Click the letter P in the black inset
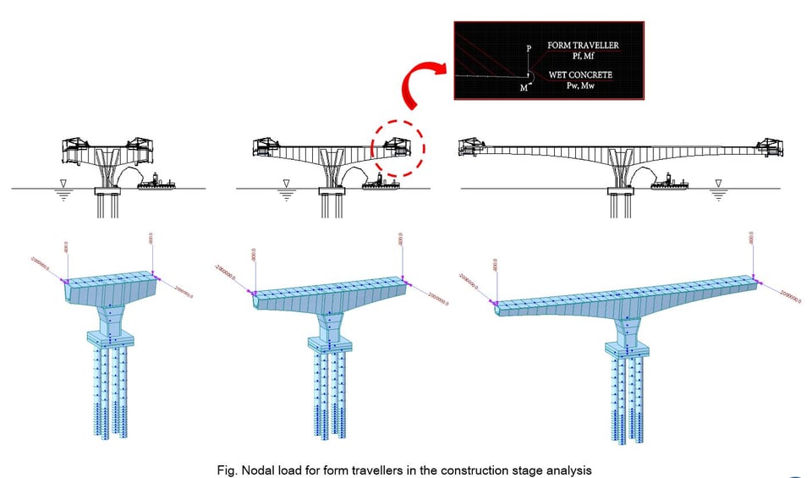coord(529,49)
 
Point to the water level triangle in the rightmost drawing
coord(718,183)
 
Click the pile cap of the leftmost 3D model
coord(111,338)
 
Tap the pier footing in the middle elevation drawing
coord(333,191)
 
